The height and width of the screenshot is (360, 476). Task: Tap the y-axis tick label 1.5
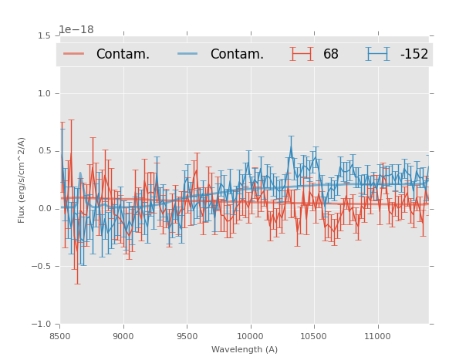pyautogui.click(x=44, y=35)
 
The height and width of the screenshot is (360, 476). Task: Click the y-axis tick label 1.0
pyautogui.click(x=44, y=93)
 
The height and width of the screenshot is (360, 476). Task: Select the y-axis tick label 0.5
pyautogui.click(x=44, y=151)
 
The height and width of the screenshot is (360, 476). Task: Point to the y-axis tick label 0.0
pyautogui.click(x=44, y=209)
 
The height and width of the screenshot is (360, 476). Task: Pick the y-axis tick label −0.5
pyautogui.click(x=42, y=267)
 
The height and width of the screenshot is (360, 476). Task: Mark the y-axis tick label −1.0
pyautogui.click(x=42, y=325)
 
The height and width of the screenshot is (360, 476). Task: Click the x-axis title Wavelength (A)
pyautogui.click(x=245, y=349)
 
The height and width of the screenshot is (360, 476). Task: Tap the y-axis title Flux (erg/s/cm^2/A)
pyautogui.click(x=22, y=180)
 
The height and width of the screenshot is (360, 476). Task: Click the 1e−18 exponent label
pyautogui.click(x=76, y=30)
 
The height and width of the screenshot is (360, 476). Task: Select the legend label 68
pyautogui.click(x=331, y=55)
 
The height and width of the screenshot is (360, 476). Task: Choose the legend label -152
pyautogui.click(x=414, y=55)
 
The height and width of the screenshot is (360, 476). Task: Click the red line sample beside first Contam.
pyautogui.click(x=74, y=54)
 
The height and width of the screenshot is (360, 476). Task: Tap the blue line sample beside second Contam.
pyautogui.click(x=188, y=54)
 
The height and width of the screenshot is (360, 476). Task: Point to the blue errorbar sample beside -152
pyautogui.click(x=377, y=54)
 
